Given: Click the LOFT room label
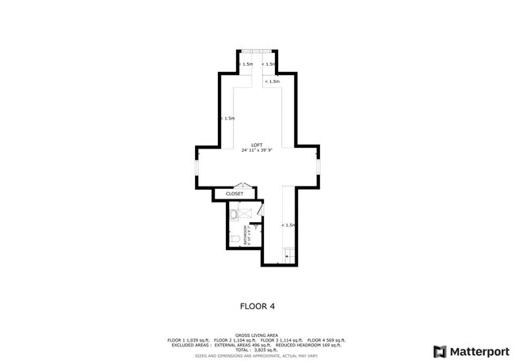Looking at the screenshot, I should pos(257,145).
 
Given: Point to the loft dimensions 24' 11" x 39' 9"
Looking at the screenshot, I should pos(257,150).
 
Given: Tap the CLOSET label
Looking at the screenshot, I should pos(235,194).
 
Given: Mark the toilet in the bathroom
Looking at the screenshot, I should pos(236,238).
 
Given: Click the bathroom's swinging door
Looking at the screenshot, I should pos(258,211).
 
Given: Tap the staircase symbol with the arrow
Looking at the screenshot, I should pos(289,252).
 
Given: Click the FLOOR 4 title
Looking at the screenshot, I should pos(257,304).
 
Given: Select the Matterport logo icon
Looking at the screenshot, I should pos(439,350).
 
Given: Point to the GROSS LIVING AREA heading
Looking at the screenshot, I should pos(257,335).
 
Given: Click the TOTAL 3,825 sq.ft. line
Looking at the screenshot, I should pos(257,350).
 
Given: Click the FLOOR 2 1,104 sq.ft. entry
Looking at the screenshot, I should pos(236,340).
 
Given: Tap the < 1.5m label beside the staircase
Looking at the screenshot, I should pos(289,225).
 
